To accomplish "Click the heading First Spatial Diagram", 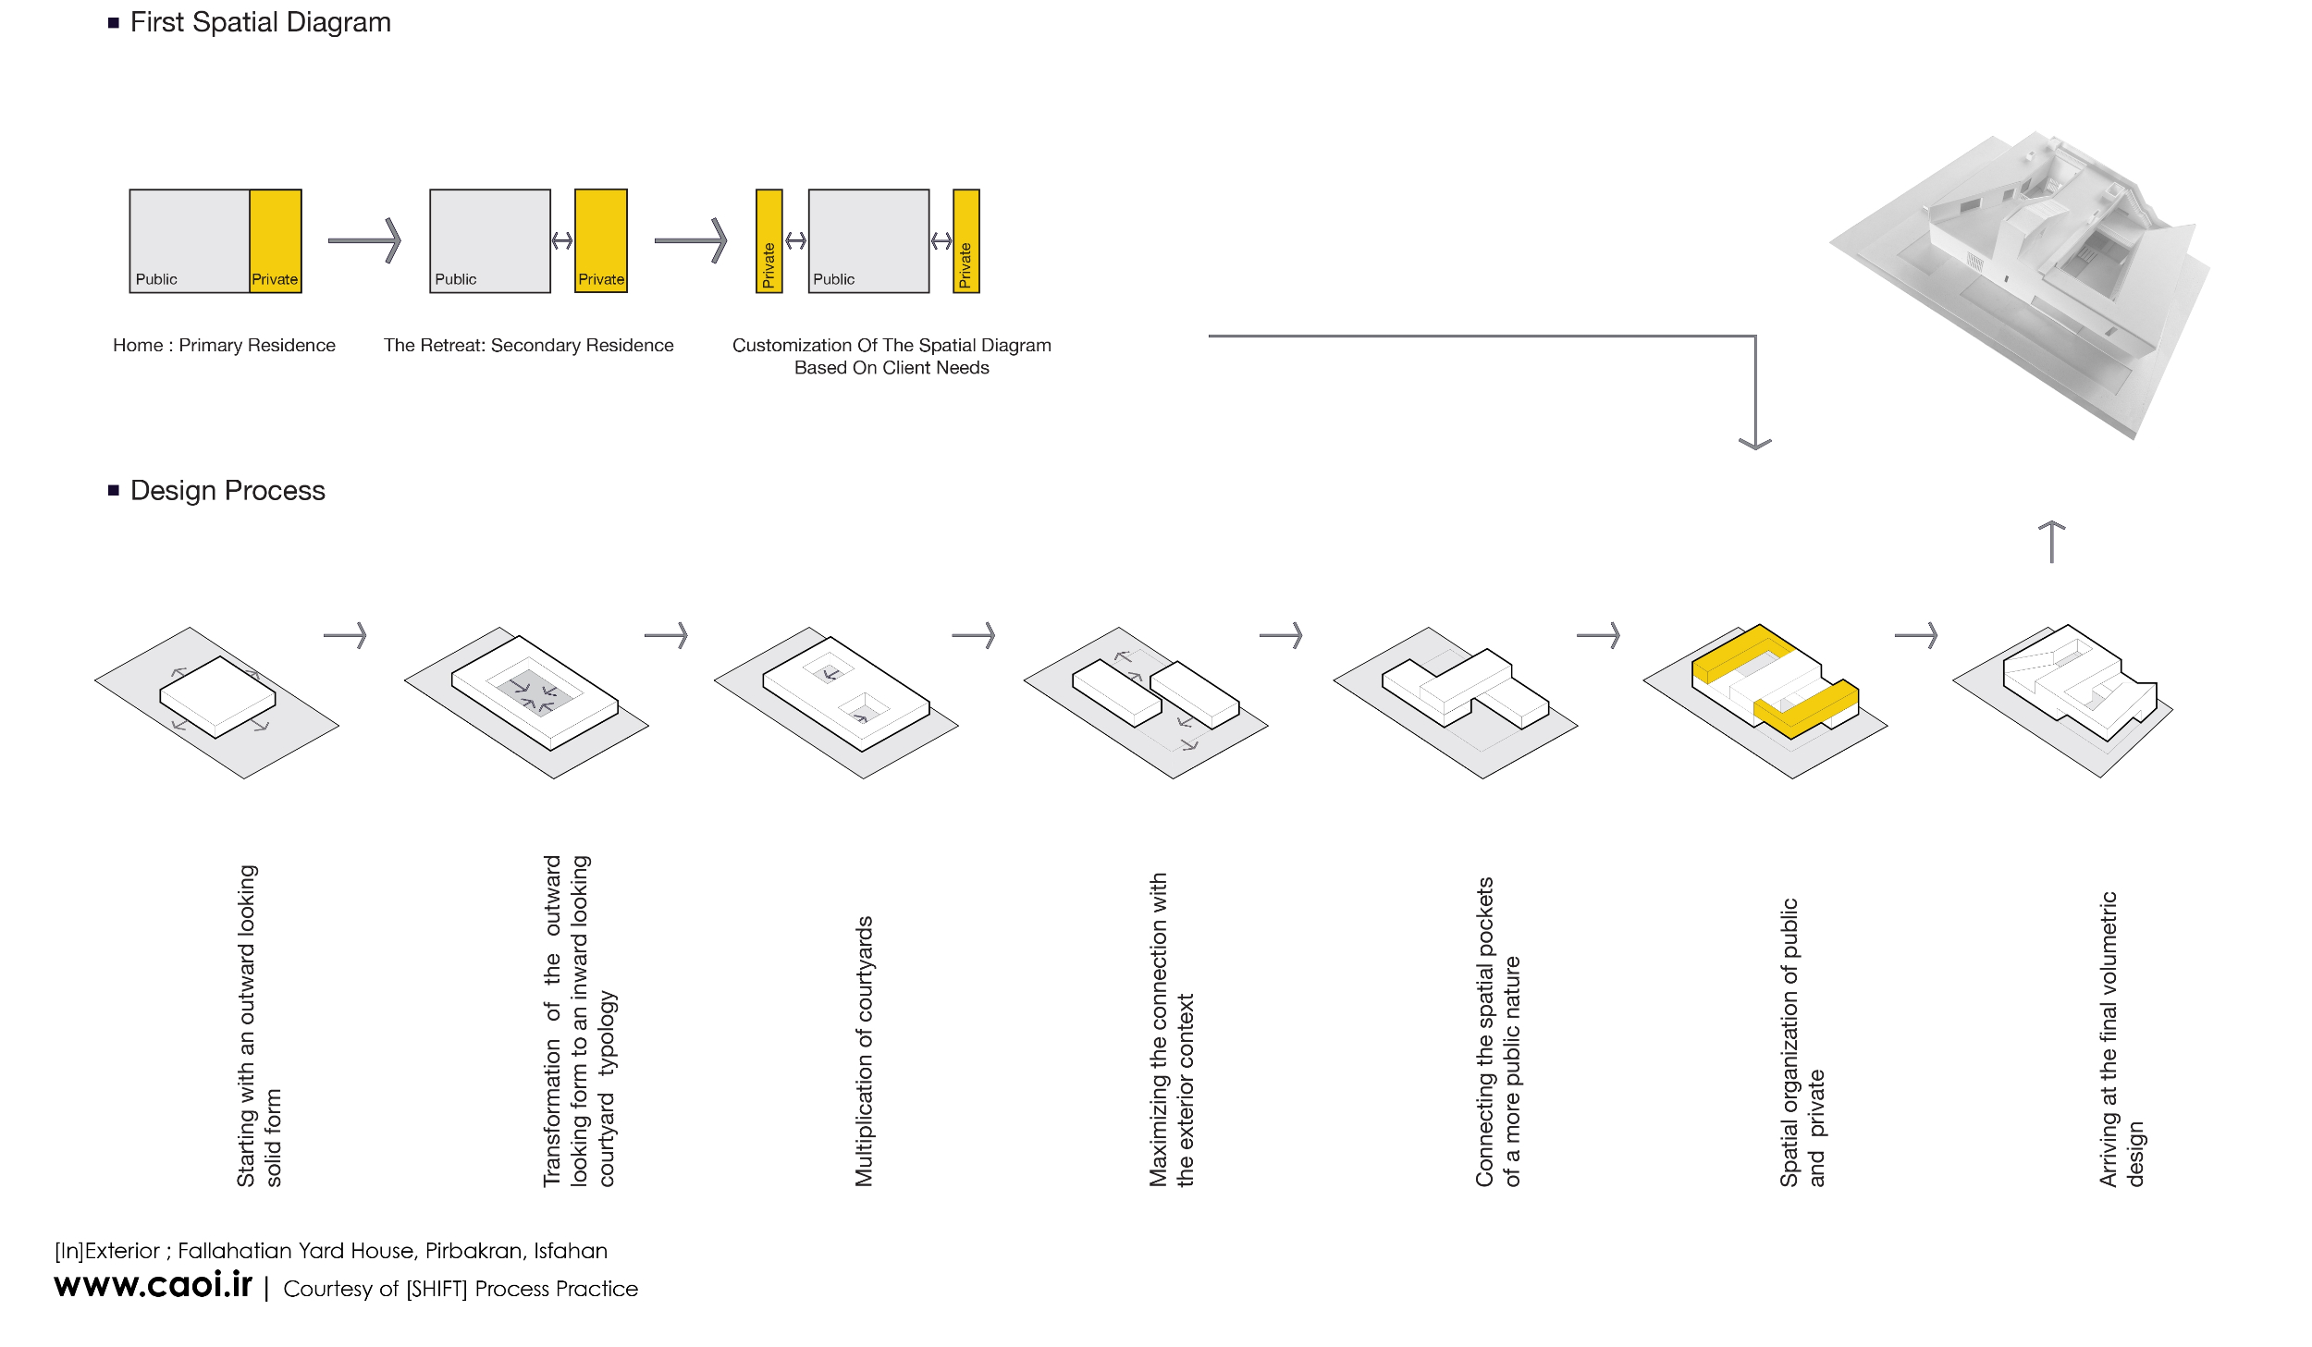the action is click(x=260, y=22).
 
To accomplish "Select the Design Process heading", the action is click(x=228, y=490).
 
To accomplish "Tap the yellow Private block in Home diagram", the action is click(x=276, y=241).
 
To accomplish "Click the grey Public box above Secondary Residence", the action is click(x=490, y=241).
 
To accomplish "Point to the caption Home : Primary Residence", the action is click(x=224, y=345).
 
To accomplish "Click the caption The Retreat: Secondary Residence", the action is click(x=529, y=345).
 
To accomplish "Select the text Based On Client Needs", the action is click(x=892, y=368).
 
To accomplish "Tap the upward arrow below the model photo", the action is click(x=2051, y=542).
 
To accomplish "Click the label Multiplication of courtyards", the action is click(x=864, y=1051).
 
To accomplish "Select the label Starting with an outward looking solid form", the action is click(x=259, y=1026).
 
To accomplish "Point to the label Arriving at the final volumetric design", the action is click(x=2121, y=1039).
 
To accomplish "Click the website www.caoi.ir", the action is click(x=154, y=1284).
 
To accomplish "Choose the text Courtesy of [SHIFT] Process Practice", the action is click(x=461, y=1289).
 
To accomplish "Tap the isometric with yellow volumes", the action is click(x=1765, y=700).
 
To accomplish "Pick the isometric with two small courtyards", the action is click(x=836, y=703).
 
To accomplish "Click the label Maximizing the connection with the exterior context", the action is click(x=1172, y=1030).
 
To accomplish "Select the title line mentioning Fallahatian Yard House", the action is click(x=331, y=1251).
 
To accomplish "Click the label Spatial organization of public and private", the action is click(x=1802, y=1043).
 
